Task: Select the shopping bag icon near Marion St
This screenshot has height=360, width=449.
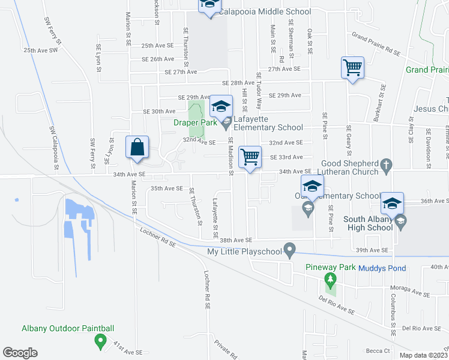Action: [137, 147]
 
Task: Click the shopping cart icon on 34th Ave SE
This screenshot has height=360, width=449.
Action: [250, 157]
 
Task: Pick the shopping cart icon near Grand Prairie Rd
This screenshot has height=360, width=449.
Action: [352, 67]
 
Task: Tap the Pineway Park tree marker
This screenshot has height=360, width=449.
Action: [329, 280]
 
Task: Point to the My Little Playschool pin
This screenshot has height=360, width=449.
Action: [290, 248]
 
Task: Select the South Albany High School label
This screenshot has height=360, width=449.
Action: [368, 223]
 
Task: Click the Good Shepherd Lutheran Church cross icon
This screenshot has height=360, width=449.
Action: [387, 164]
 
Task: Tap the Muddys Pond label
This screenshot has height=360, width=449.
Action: [382, 268]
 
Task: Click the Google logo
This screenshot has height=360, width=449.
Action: [20, 353]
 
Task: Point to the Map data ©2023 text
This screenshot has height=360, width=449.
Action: [423, 355]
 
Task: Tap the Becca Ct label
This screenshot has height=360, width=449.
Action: [378, 350]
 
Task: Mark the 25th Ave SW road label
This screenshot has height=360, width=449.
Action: [40, 51]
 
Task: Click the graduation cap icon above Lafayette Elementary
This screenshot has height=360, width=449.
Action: [221, 106]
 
